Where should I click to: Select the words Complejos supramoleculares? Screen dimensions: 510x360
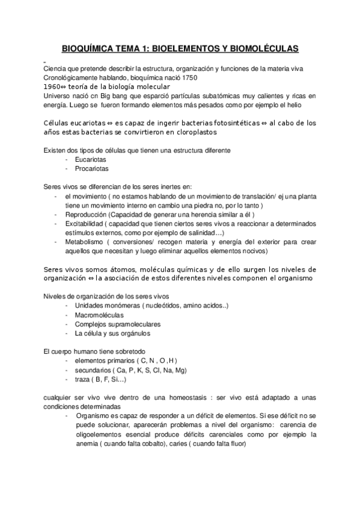114,324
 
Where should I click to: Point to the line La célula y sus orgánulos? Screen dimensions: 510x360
112,333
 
